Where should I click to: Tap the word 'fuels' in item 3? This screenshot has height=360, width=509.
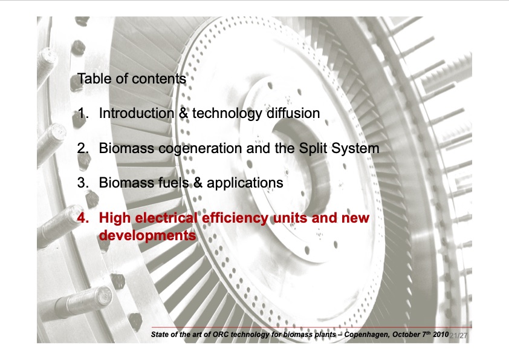click(x=170, y=183)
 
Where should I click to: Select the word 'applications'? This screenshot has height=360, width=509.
click(x=245, y=183)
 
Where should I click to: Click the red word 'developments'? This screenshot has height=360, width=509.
click(x=147, y=235)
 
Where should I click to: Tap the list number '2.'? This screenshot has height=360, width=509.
click(x=83, y=148)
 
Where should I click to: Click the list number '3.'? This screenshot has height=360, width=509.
click(x=83, y=183)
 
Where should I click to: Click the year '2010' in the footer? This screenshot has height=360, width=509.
click(x=440, y=334)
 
